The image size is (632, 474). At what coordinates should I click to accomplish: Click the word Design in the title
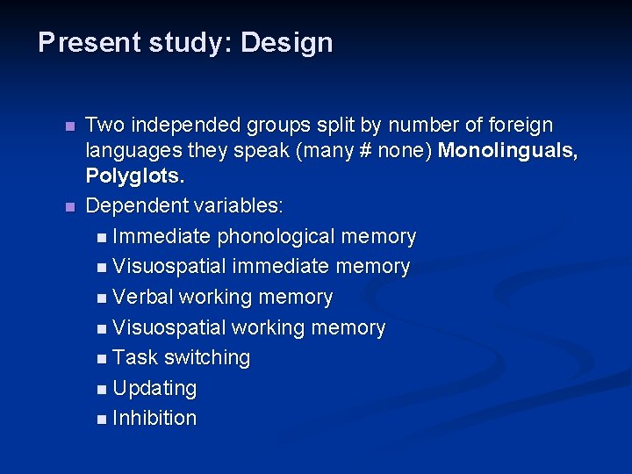point(286,43)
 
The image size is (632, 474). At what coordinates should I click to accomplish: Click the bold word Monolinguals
point(507,151)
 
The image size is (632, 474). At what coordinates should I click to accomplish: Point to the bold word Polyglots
point(134,176)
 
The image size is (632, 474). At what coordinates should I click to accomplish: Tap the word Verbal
point(143,298)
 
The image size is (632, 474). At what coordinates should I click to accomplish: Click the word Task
point(135,358)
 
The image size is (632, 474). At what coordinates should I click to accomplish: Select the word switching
point(207,358)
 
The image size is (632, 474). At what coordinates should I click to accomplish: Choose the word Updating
point(154,388)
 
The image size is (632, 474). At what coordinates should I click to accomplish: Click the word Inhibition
point(154,418)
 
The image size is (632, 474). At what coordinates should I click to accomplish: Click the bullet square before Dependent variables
point(70,207)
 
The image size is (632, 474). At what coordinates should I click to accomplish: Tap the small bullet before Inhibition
point(104,420)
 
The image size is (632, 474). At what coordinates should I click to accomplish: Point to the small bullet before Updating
point(104,389)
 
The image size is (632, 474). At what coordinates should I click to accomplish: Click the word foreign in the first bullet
point(522,126)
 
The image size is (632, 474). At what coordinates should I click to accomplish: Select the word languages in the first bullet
point(128,151)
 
